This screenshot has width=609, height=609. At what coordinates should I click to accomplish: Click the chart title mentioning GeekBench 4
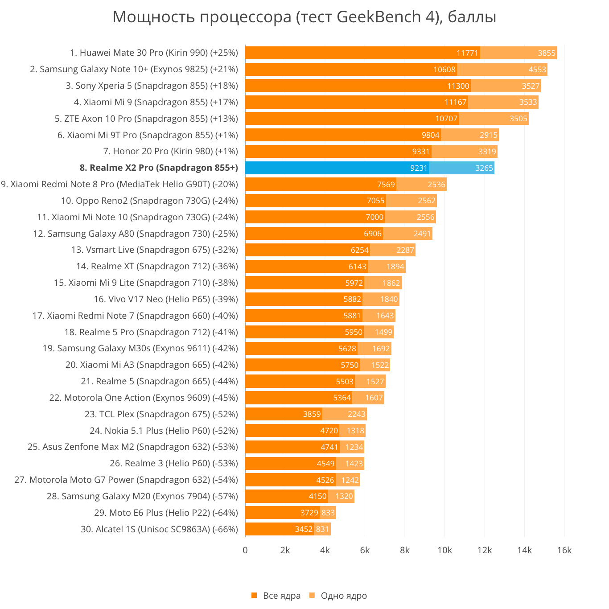pyautogui.click(x=304, y=17)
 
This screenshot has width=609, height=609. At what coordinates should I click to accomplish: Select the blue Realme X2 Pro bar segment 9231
pyautogui.click(x=337, y=168)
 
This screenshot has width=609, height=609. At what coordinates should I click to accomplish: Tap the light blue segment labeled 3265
pyautogui.click(x=462, y=168)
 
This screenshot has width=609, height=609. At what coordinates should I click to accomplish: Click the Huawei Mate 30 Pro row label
pyautogui.click(x=154, y=53)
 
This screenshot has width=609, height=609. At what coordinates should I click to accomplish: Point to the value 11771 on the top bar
pyautogui.click(x=467, y=53)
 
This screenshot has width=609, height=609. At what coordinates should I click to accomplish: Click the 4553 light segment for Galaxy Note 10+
pyautogui.click(x=502, y=70)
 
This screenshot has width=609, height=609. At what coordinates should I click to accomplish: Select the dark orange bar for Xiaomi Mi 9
pyautogui.click(x=356, y=102)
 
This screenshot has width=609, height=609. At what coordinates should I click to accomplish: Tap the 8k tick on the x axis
pyautogui.click(x=404, y=550)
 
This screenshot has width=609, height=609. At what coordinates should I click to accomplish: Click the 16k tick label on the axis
pyautogui.click(x=564, y=550)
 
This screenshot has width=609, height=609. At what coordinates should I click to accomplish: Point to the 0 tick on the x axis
pyautogui.click(x=245, y=550)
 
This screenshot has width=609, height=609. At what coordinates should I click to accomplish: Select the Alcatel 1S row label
pyautogui.click(x=159, y=529)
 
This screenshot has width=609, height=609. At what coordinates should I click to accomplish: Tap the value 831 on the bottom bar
pyautogui.click(x=322, y=530)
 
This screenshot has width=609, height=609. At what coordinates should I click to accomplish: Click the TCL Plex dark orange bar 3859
pyautogui.click(x=284, y=414)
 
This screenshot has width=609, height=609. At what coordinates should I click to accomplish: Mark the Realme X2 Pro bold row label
pyautogui.click(x=159, y=168)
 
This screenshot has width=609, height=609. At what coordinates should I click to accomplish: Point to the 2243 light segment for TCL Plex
pyautogui.click(x=345, y=414)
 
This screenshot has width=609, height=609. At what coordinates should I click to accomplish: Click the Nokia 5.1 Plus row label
pyautogui.click(x=164, y=431)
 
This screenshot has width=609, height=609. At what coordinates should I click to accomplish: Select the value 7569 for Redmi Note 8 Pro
pyautogui.click(x=386, y=185)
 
